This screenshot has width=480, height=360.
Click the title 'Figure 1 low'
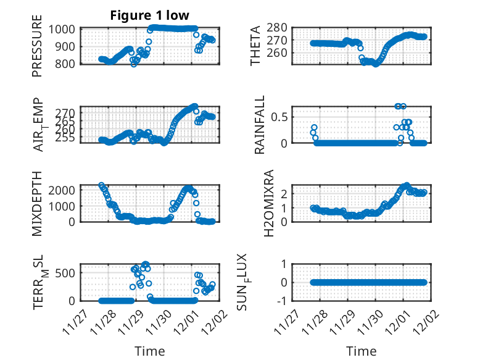(150, 15)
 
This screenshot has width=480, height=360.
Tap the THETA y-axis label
(255, 46)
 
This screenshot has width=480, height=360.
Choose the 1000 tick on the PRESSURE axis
(62, 29)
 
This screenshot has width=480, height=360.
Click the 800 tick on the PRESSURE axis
(65, 64)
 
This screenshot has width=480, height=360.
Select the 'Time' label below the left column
(150, 351)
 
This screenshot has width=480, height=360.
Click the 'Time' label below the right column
(361, 351)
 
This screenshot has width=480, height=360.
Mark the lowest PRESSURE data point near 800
(134, 64)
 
